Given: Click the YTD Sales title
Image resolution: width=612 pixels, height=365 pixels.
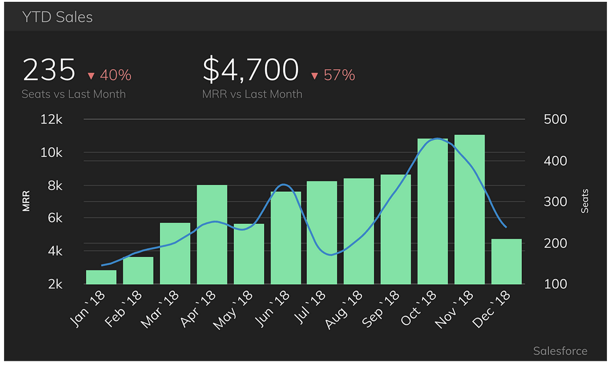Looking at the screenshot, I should (x=57, y=17).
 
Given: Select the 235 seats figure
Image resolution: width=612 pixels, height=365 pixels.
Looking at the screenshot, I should (x=49, y=70).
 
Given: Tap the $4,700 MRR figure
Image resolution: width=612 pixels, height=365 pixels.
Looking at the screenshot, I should (x=251, y=70).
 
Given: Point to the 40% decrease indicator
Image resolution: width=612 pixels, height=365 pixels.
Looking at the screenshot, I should (x=109, y=75).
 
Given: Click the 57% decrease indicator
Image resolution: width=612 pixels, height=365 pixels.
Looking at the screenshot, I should (x=333, y=75).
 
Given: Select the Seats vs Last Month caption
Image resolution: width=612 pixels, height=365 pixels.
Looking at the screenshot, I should (x=74, y=94).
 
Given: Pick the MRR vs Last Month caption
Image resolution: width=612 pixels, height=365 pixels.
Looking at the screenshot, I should (x=252, y=94).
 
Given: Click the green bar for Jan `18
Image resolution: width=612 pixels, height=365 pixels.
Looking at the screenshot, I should (x=101, y=277).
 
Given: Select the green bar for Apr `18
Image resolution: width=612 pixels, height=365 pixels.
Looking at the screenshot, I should (x=212, y=234).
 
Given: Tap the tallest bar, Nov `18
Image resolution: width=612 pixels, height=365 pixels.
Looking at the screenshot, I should (x=469, y=209).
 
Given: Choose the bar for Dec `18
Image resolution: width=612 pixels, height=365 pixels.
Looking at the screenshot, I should (x=507, y=261).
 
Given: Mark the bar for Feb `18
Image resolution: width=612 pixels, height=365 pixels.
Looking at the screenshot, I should (x=138, y=271).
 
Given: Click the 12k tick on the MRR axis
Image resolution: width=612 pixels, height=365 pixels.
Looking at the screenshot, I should (x=51, y=119).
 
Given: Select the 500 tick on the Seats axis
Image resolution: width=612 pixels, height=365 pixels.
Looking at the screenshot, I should (x=556, y=119).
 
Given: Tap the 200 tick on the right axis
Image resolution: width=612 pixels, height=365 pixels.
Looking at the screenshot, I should (x=556, y=243).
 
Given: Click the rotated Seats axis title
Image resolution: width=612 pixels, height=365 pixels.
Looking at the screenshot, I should (x=585, y=201).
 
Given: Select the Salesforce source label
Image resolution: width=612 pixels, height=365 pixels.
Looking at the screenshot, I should (x=560, y=351).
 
